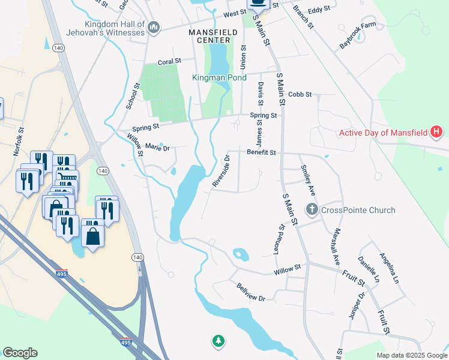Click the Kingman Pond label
click(219, 78)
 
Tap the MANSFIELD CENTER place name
click(209, 36)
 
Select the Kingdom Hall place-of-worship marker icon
click(154, 27)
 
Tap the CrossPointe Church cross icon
click(312, 209)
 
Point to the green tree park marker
click(218, 341)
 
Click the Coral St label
click(169, 61)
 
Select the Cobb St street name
click(300, 94)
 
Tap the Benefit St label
click(261, 153)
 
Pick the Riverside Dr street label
click(221, 172)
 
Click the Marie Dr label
click(158, 147)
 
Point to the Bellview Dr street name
click(251, 292)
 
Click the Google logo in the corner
click(20, 353)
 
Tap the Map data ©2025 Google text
click(412, 355)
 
